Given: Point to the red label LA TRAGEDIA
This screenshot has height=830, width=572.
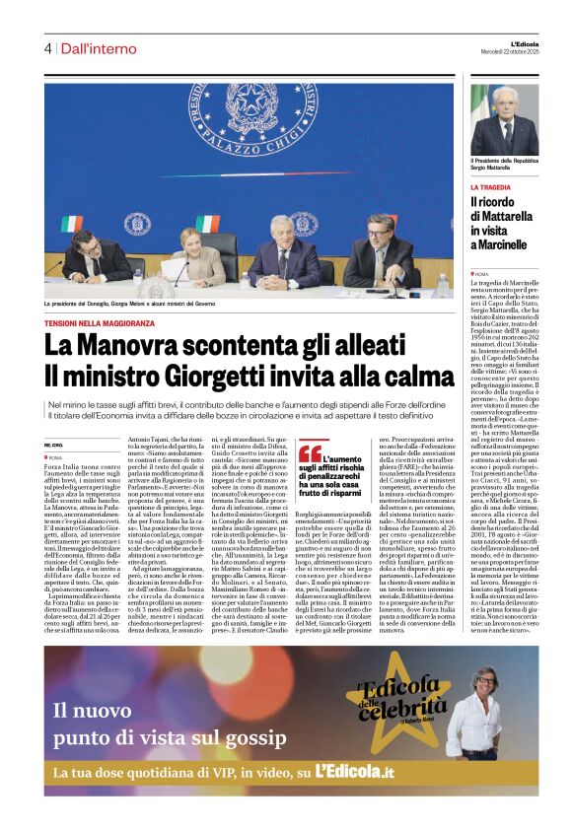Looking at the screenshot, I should (490, 186).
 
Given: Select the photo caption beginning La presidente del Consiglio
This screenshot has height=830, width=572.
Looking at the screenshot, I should (143, 304).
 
